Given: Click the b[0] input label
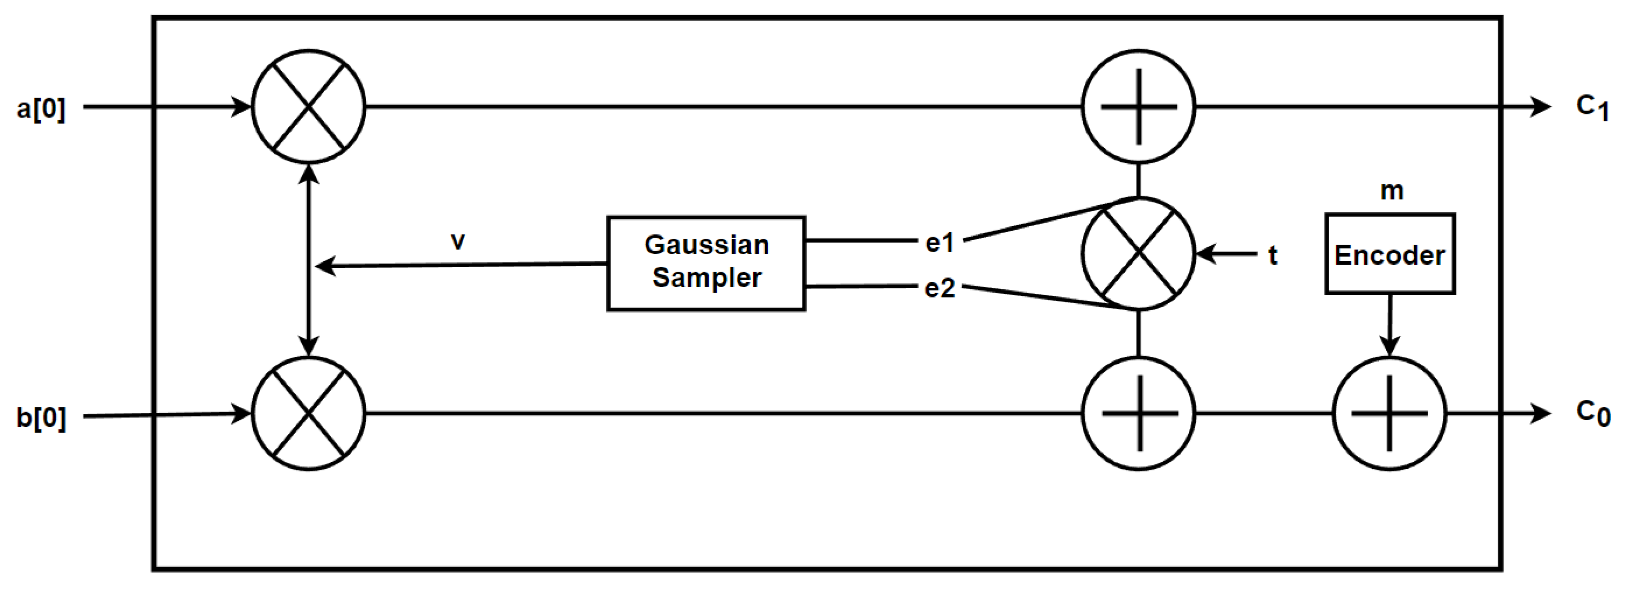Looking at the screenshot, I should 41,418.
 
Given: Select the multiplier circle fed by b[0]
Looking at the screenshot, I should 309,414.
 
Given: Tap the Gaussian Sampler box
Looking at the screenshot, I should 706,263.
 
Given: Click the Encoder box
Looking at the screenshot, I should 1390,254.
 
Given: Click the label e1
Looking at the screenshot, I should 939,243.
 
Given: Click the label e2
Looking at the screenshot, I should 939,288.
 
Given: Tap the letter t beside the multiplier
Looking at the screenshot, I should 1273,255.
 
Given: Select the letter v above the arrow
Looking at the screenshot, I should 458,241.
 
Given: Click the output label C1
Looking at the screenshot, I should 1591,108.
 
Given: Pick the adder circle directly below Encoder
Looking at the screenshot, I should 1389,414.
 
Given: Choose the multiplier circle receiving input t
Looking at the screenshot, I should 1138,254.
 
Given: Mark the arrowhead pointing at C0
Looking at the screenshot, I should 1542,414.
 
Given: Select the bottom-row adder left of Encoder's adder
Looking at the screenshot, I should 1138,414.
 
